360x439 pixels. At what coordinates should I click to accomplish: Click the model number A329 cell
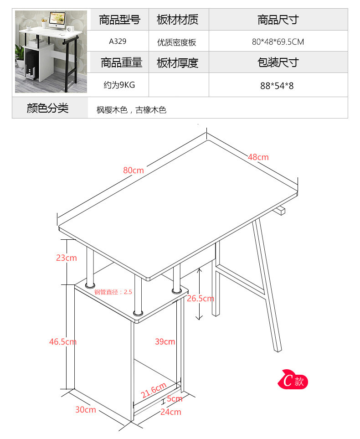(118, 41)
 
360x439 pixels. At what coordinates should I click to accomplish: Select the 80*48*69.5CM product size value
(278, 42)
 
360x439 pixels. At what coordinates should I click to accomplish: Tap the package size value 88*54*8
(277, 85)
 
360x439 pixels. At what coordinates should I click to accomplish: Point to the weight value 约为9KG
(118, 85)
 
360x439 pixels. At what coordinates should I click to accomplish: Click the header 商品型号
(120, 20)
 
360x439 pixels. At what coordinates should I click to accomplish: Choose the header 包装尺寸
(278, 62)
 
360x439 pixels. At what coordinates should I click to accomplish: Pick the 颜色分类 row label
(47, 108)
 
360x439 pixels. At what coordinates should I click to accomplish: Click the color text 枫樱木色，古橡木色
(131, 110)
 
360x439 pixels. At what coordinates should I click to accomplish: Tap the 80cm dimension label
(133, 170)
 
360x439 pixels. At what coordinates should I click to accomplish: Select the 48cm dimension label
(258, 157)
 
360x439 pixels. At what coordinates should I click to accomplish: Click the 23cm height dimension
(66, 258)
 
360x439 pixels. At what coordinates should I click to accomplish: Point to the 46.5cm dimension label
(63, 341)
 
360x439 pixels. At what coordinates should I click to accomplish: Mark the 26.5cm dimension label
(200, 299)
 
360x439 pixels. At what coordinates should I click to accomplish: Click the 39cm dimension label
(165, 341)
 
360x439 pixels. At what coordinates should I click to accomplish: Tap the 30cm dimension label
(85, 409)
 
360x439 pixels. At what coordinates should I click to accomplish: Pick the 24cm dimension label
(171, 412)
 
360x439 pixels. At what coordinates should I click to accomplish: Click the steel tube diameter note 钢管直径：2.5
(113, 292)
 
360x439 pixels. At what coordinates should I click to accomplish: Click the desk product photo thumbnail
(51, 52)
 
